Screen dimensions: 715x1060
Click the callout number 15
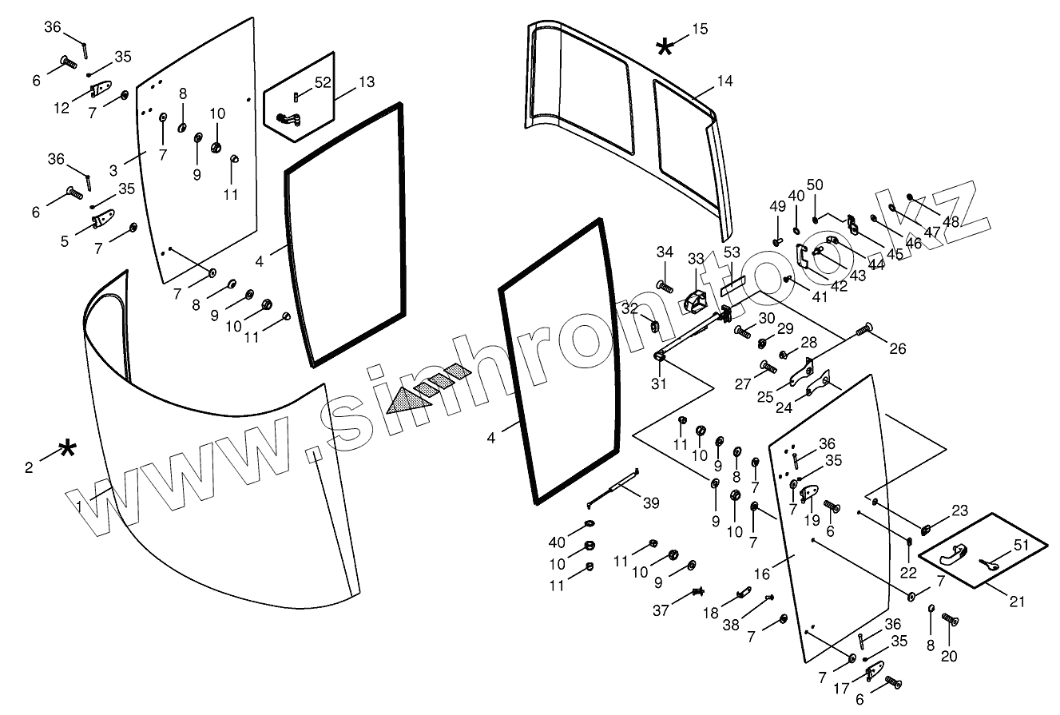699,30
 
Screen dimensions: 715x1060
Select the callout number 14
725,81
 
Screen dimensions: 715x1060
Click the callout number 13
366,81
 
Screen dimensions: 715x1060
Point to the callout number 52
322,81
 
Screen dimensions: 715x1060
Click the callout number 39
651,502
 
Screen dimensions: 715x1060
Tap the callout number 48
951,222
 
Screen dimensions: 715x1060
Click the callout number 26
898,348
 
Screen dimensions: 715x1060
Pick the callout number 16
761,574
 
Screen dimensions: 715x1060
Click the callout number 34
665,253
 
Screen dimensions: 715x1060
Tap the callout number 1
79,506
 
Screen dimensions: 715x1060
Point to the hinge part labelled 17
875,673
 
